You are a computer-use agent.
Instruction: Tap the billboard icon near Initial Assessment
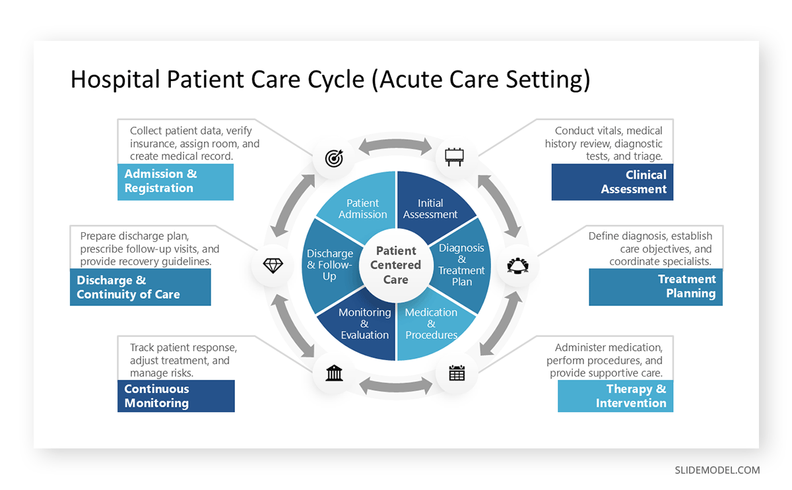coord(454,157)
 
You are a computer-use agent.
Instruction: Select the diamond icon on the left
coord(273,265)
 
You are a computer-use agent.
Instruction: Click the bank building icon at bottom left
coord(334,374)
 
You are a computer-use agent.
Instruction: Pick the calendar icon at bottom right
coord(457,373)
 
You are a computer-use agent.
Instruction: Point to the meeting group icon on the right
coord(517,265)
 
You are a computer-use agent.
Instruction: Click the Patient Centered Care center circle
coord(395,265)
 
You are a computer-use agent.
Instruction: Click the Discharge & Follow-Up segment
coord(330,264)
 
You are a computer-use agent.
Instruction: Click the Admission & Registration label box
coord(176,181)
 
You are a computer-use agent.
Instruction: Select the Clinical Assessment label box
coord(612,182)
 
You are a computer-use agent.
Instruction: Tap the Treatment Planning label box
coord(655,286)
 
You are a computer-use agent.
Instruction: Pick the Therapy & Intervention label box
coord(615,396)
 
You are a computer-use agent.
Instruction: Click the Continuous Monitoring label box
coord(176,396)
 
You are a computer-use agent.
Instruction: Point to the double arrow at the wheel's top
coord(395,146)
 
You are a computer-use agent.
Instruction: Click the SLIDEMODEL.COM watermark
coord(717,470)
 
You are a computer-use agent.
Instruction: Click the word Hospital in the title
coord(115,80)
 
